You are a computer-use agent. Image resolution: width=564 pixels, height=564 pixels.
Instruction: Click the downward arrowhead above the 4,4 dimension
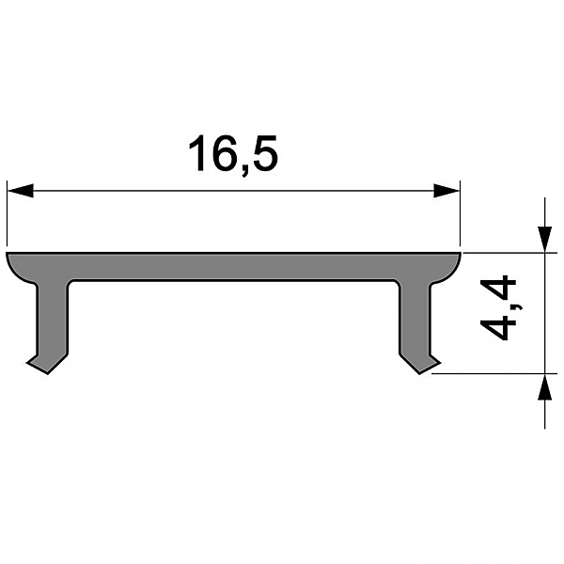pos(543,239)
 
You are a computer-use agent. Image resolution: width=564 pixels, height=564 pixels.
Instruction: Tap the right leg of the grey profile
pos(415,320)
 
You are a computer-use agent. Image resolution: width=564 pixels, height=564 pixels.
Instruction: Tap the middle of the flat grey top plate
pos(233,265)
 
